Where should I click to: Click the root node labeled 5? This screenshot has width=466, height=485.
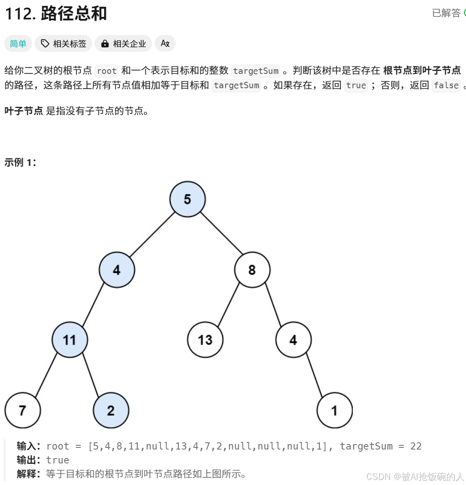pyautogui.click(x=188, y=199)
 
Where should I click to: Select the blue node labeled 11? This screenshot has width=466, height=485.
pyautogui.click(x=70, y=340)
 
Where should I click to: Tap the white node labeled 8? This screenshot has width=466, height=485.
pyautogui.click(x=252, y=270)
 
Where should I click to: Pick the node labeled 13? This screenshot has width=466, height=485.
pyautogui.click(x=205, y=340)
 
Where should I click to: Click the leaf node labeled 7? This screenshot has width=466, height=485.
pyautogui.click(x=23, y=410)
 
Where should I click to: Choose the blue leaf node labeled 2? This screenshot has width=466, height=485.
pyautogui.click(x=111, y=410)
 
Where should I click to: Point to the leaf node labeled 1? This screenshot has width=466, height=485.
pyautogui.click(x=334, y=410)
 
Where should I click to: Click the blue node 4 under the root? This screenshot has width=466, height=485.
pyautogui.click(x=117, y=270)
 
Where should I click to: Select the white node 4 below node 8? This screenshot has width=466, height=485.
pyautogui.click(x=293, y=340)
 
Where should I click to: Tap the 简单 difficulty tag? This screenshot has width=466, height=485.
pyautogui.click(x=18, y=43)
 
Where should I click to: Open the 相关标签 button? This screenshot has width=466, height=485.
pyautogui.click(x=64, y=43)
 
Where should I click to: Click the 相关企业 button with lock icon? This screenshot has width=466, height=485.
pyautogui.click(x=124, y=43)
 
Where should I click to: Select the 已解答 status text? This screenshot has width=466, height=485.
pyautogui.click(x=446, y=13)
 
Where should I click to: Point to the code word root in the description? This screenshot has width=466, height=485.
pyautogui.click(x=106, y=71)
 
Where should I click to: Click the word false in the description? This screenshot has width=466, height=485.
pyautogui.click(x=446, y=85)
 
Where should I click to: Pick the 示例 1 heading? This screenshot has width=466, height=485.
pyautogui.click(x=20, y=163)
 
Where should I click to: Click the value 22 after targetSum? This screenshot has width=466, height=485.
pyautogui.click(x=416, y=446)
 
